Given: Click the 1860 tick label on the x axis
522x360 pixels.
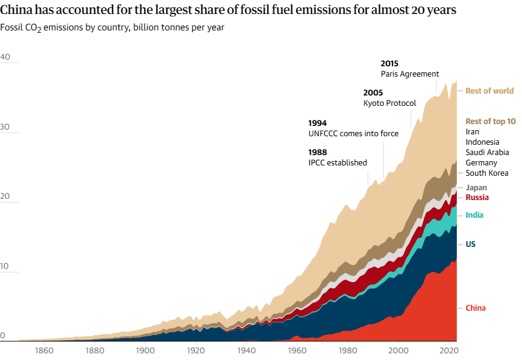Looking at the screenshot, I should [x=44, y=351].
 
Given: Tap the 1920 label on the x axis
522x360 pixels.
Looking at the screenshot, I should [x=196, y=351].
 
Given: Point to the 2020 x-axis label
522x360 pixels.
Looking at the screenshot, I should [x=449, y=351].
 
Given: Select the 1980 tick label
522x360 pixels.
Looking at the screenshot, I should [x=348, y=351].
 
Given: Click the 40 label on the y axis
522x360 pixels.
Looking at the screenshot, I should [x=5, y=57].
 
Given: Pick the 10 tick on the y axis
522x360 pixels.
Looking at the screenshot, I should [x=5, y=266].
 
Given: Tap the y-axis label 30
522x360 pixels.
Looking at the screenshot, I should [x=5, y=127].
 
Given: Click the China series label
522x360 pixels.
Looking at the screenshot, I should [x=476, y=308].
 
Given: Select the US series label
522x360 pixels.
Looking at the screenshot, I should [x=470, y=244].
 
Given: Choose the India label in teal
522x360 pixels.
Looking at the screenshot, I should [x=475, y=215].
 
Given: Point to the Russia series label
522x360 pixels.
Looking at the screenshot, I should [x=477, y=197].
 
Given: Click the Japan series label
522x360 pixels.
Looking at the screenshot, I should [x=476, y=187].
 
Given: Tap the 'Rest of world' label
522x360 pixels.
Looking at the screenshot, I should [x=489, y=91].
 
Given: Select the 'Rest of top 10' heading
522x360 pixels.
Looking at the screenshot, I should [x=490, y=121].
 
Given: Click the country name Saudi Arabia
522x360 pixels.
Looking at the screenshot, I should [x=487, y=152].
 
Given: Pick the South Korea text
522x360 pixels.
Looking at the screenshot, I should [x=487, y=173].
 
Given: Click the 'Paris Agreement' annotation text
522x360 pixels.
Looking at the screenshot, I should [x=409, y=74].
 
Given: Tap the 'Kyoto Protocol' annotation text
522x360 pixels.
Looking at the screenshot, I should [x=389, y=103].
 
